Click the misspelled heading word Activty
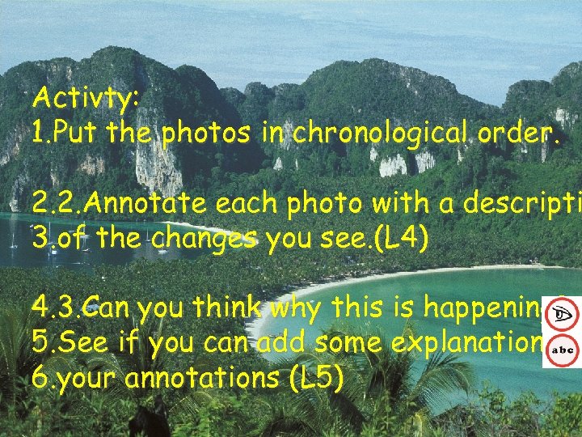pos(86,100)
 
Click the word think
pos(225,309)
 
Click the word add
pos(285,343)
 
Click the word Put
pos(80,132)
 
